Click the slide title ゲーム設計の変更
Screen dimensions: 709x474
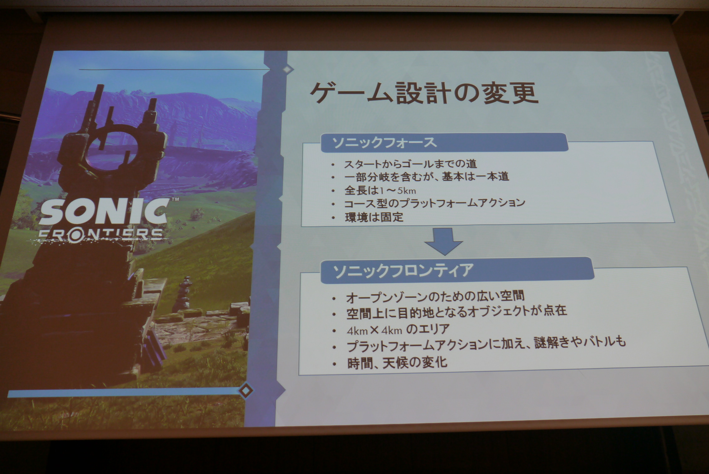424,93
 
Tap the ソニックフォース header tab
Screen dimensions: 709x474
444,143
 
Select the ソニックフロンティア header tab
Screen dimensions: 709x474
457,270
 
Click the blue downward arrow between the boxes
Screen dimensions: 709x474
443,241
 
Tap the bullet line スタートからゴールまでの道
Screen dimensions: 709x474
410,164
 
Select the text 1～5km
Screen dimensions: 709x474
398,191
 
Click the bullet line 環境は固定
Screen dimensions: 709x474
374,217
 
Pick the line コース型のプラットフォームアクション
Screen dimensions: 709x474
435,204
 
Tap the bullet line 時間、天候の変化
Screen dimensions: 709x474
397,363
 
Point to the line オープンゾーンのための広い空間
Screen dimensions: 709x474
435,297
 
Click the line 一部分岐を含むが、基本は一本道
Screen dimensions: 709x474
427,177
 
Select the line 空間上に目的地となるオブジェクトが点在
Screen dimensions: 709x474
457,312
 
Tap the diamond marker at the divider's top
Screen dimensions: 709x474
287,69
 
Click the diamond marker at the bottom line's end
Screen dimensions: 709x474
246,390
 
